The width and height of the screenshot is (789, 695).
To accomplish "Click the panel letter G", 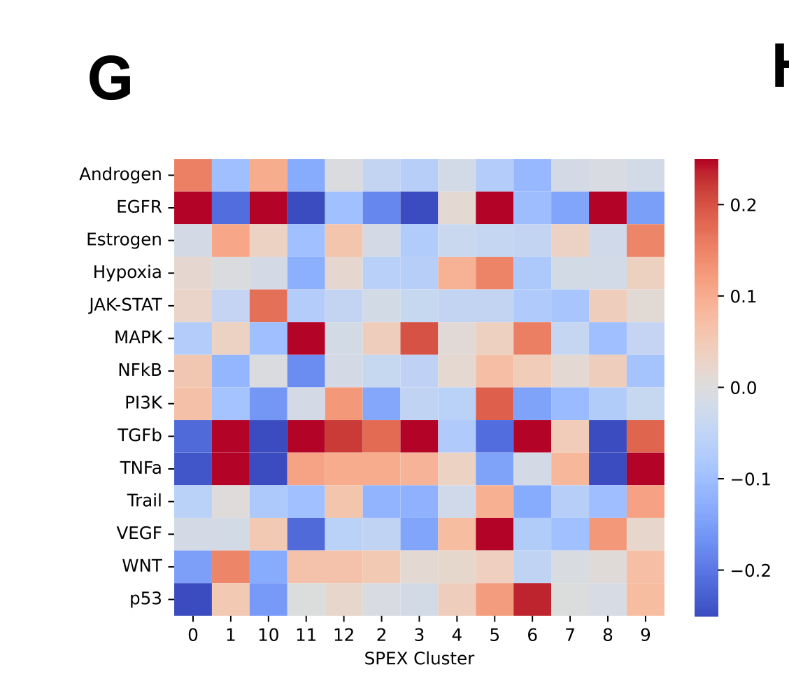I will [111, 79].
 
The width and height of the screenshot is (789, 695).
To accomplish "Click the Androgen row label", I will [120, 174].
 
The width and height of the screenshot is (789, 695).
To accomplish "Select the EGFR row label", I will [139, 207].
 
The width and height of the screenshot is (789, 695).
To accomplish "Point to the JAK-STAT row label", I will [125, 305].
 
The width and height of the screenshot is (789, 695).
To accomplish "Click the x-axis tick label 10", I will [268, 636].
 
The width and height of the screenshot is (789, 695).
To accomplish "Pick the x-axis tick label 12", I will [343, 636].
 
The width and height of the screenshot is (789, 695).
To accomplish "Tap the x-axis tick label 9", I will [646, 636].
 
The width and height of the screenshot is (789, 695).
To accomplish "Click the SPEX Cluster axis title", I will [419, 659].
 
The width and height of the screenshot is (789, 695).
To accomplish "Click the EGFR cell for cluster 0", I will [193, 207].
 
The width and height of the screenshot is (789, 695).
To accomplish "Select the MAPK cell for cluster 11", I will [306, 338].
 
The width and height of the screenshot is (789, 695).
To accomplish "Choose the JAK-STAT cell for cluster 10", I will [269, 305].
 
